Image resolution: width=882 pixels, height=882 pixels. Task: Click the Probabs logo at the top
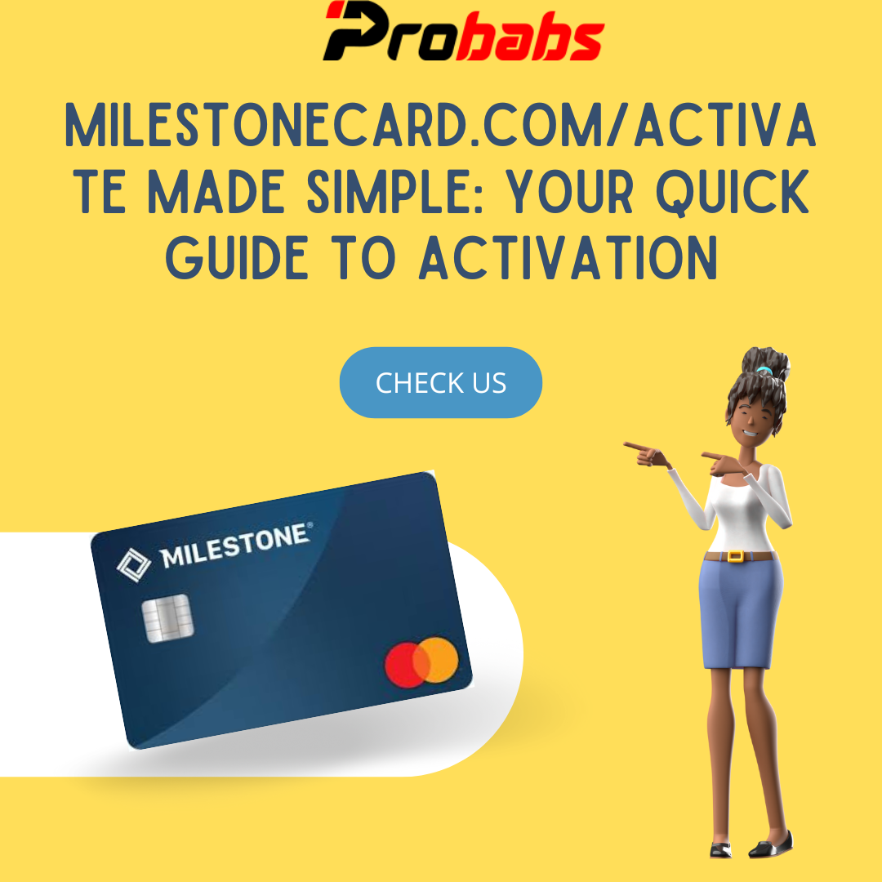pos(464,31)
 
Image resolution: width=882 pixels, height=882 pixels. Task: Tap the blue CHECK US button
pos(441,382)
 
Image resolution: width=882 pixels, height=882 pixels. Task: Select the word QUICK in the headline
pos(733,193)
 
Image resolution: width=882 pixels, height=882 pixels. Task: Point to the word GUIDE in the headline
pos(237,258)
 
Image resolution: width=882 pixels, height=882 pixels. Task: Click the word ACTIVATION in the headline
pos(568,258)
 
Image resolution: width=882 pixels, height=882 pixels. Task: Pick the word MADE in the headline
pos(216,192)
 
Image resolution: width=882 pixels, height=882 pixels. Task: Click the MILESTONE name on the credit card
pos(236,546)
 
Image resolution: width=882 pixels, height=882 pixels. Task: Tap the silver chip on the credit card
pos(167,617)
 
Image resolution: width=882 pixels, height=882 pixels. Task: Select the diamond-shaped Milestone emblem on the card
pos(134,565)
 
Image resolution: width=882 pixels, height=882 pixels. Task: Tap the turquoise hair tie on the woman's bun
pos(764,370)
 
